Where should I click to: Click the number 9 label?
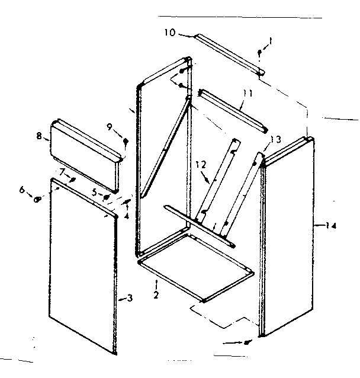click(x=110, y=126)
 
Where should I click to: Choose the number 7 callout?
click(x=61, y=171)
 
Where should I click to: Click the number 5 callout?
click(x=94, y=191)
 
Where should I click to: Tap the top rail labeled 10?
click(x=229, y=53)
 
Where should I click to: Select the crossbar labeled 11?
click(x=233, y=111)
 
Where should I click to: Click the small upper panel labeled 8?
click(x=86, y=146)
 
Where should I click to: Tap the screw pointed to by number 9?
click(x=126, y=142)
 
